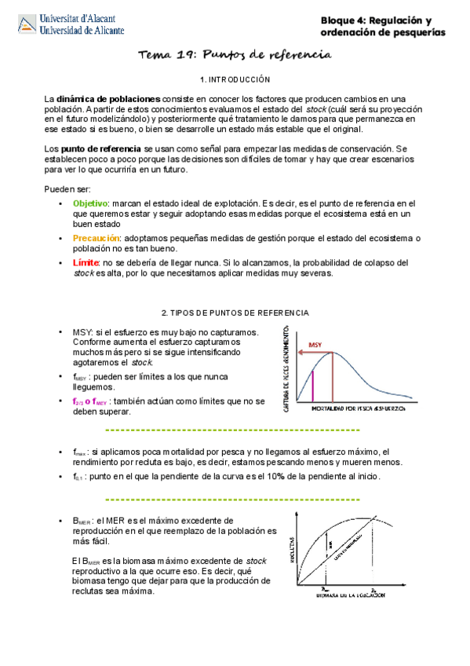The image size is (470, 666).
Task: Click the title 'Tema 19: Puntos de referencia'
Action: point(235,54)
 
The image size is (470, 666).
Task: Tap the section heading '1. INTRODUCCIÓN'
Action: point(235,79)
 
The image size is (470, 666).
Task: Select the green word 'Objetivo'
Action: point(89,203)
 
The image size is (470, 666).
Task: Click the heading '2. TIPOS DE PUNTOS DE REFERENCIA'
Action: point(235,313)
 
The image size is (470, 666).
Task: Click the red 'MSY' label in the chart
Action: point(315,345)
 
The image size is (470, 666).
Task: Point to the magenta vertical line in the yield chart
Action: point(313,386)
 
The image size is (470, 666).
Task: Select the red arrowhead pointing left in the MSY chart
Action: point(299,353)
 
